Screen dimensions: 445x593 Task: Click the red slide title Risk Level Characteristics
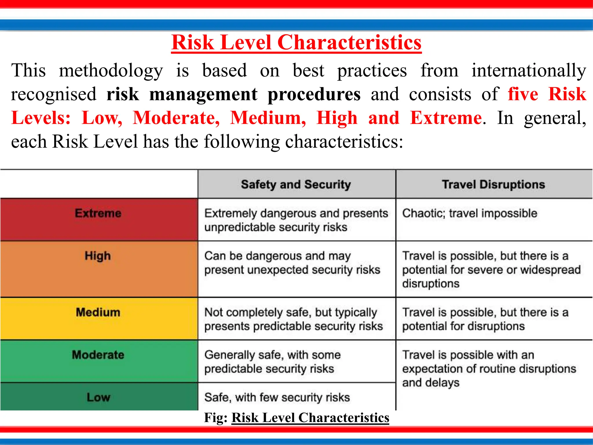point(296,43)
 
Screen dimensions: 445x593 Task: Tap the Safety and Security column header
point(296,185)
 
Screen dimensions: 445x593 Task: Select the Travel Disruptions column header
point(493,185)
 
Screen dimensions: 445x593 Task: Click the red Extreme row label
point(98,214)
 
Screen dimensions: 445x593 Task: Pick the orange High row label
point(98,256)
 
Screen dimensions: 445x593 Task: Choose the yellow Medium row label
point(98,313)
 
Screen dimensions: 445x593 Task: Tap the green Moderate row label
point(98,355)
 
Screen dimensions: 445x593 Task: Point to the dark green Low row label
point(98,397)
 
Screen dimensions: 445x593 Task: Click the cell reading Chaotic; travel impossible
point(470,214)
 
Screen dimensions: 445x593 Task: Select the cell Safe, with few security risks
point(277,397)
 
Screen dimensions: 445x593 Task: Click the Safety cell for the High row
point(292,263)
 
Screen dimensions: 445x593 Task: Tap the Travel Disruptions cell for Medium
point(485,319)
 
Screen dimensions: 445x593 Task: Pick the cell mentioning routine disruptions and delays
point(489,369)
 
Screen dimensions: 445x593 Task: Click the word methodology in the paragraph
point(111,71)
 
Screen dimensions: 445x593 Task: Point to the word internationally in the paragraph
point(529,71)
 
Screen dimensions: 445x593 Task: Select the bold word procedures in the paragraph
point(314,94)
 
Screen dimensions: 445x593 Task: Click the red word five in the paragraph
point(523,94)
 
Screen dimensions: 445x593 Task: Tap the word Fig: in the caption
point(216,418)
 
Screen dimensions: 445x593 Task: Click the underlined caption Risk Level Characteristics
point(310,418)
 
